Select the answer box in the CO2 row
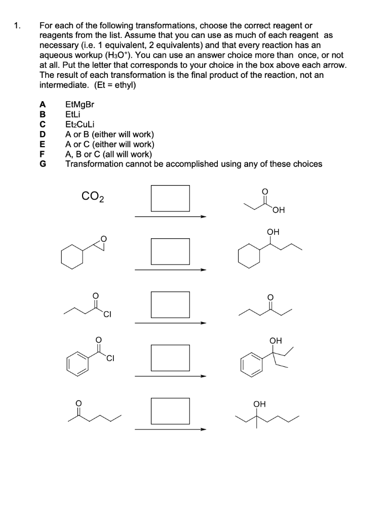pyautogui.click(x=170, y=198)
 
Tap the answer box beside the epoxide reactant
pyautogui.click(x=170, y=251)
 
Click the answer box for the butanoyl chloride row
pyautogui.click(x=170, y=305)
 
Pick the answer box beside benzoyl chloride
pyautogui.click(x=170, y=358)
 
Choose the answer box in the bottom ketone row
pyautogui.click(x=170, y=411)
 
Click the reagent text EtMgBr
pyautogui.click(x=80, y=105)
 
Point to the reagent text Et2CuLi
pyautogui.click(x=80, y=124)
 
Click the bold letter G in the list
pyautogui.click(x=43, y=164)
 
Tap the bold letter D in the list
pyautogui.click(x=43, y=135)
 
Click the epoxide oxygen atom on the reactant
pyautogui.click(x=104, y=238)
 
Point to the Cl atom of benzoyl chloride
pyautogui.click(x=110, y=360)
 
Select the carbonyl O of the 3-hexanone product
pyautogui.click(x=269, y=296)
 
